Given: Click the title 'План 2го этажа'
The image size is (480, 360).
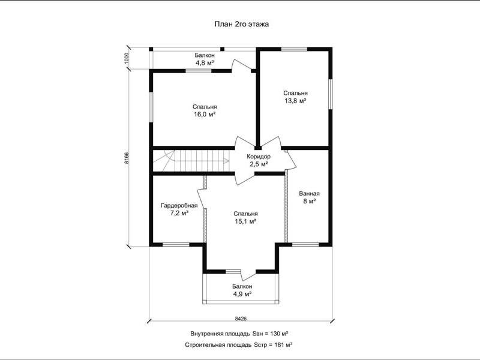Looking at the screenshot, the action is [242, 24].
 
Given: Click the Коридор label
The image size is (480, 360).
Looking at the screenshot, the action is [259, 157].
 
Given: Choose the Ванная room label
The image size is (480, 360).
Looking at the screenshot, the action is [309, 193].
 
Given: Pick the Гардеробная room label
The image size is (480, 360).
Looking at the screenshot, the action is [179, 205].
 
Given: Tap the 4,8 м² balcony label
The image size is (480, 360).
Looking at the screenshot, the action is [205, 63].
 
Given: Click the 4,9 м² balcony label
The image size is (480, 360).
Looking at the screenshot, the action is [242, 294].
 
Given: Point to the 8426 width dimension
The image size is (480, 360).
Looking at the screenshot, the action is [241, 319].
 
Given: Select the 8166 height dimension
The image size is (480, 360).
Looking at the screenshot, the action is [127, 158].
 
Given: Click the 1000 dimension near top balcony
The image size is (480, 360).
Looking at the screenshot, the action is [127, 58].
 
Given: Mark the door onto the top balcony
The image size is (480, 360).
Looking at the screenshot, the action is [242, 65].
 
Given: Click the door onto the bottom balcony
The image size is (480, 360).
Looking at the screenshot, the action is [248, 275].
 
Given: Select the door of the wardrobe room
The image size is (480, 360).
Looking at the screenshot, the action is [202, 197].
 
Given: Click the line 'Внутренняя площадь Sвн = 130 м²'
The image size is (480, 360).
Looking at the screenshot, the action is [239, 334].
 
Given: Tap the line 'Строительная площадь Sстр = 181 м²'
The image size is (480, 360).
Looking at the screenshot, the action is [238, 344].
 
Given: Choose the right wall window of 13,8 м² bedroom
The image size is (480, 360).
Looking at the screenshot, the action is [331, 94].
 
